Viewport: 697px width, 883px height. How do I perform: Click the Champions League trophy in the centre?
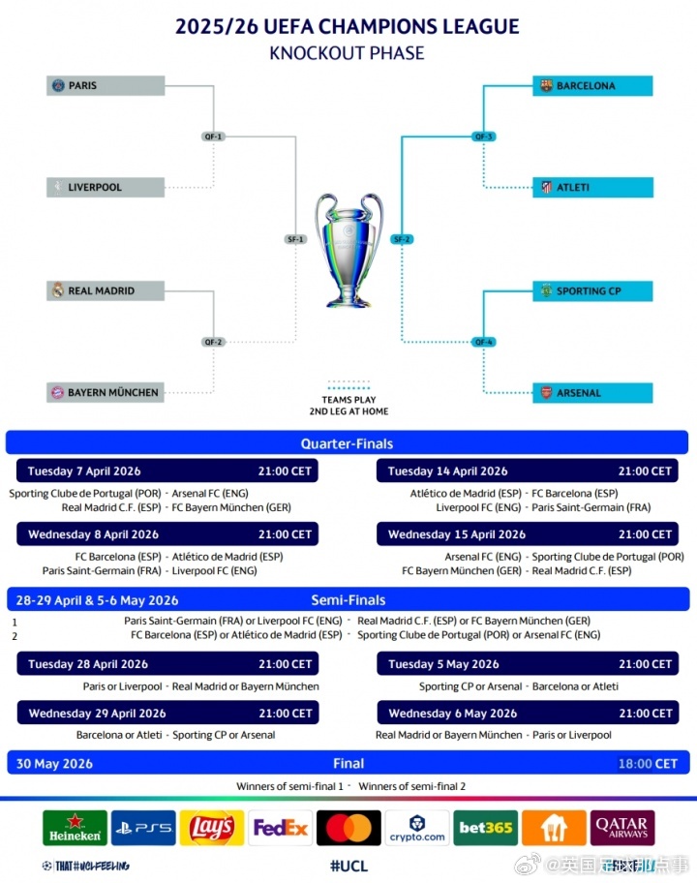[x=348, y=250]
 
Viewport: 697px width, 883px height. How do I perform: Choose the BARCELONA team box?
[x=592, y=86]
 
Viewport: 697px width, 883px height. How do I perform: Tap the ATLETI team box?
[x=592, y=187]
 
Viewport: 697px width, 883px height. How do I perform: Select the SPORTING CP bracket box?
[x=592, y=290]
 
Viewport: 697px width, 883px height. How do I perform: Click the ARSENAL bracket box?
[x=592, y=393]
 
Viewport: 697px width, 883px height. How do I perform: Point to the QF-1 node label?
[x=214, y=137]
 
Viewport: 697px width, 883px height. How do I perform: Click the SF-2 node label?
[x=402, y=239]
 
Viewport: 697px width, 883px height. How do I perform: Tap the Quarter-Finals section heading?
[x=347, y=443]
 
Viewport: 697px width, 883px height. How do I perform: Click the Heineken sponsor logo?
[x=75, y=828]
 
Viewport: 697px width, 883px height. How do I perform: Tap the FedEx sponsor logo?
[x=280, y=828]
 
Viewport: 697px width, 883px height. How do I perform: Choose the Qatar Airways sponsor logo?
[x=622, y=828]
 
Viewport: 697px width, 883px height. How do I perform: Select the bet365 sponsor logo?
[x=485, y=828]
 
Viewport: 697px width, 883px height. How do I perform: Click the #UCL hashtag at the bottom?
[x=348, y=866]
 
